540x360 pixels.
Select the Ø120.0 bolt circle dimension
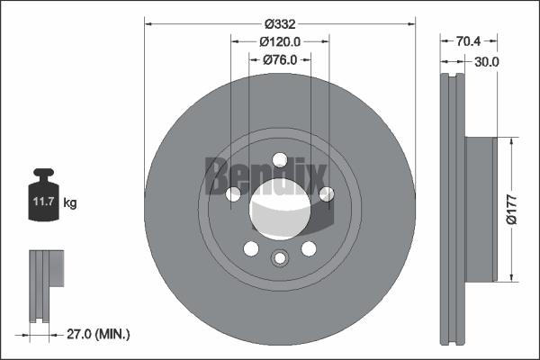[x=280, y=41]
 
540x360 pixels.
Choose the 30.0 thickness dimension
[x=486, y=61]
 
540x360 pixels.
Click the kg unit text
[x=69, y=203]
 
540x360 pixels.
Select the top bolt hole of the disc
[x=279, y=160]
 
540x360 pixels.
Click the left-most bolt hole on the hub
[x=233, y=193]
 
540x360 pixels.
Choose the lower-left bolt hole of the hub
[x=251, y=248]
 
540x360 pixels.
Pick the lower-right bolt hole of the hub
[x=309, y=248]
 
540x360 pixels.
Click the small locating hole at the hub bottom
[x=280, y=259]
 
